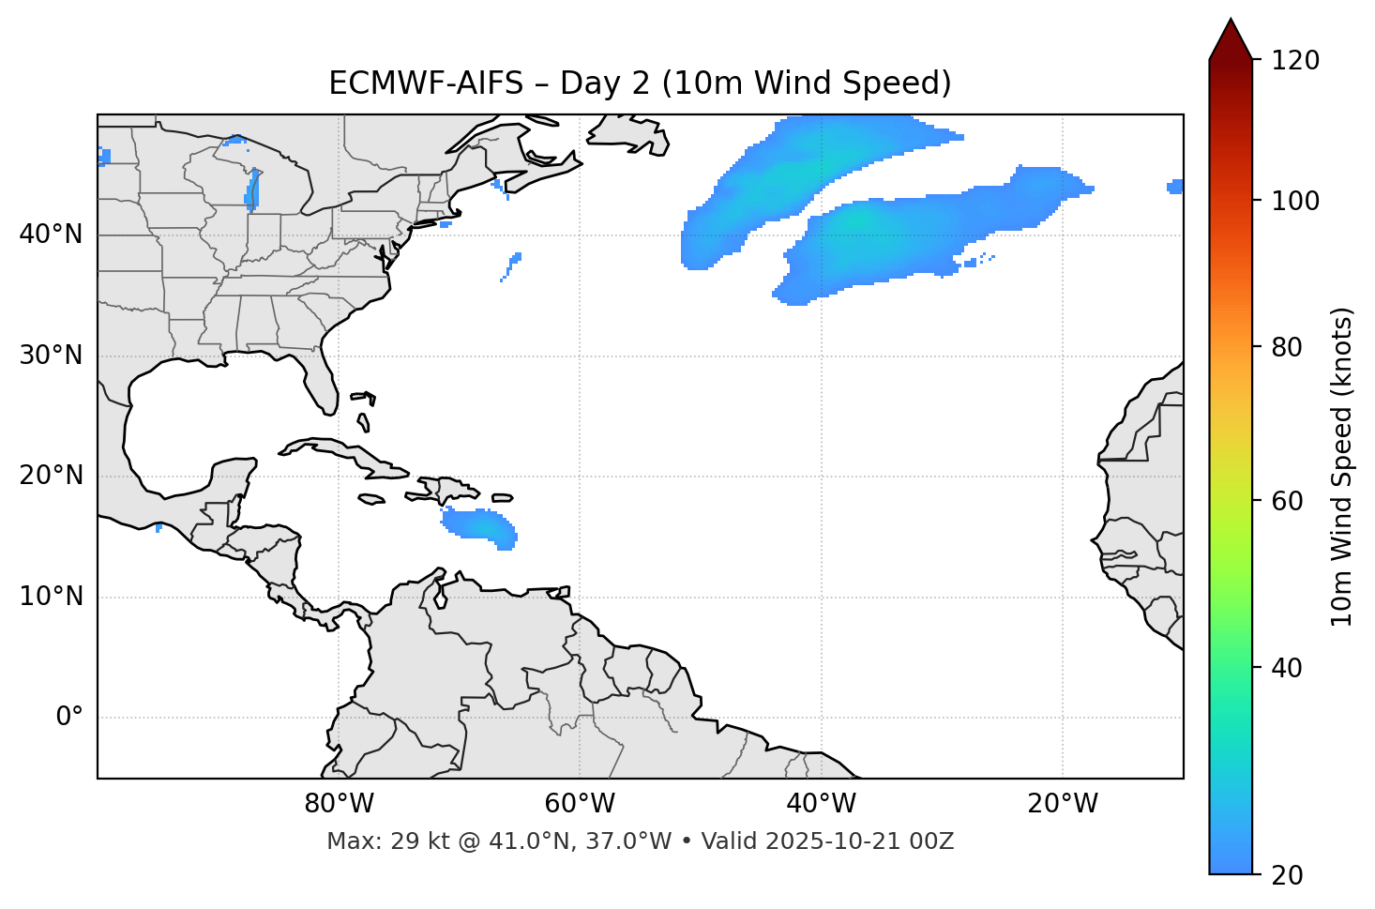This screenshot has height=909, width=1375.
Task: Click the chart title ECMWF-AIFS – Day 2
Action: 640,83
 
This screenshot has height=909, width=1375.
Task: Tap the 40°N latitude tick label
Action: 51,235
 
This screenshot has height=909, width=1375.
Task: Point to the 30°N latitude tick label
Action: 51,356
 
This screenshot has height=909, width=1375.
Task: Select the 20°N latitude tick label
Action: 51,476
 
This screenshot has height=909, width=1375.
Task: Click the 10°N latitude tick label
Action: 51,597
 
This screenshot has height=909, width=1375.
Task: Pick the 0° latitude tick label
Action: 69,718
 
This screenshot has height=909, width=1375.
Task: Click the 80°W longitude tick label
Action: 339,804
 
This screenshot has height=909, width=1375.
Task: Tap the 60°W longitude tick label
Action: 580,804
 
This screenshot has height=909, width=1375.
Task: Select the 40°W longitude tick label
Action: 821,804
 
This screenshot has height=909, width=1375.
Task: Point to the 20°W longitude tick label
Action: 1063,804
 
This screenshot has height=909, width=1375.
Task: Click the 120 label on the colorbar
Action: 1295,61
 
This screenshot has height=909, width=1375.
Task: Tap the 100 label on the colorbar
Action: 1295,201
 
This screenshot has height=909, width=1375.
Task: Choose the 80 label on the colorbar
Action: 1289,347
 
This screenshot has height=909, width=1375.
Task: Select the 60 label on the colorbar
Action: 1289,501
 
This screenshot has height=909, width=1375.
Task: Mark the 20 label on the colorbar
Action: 1289,875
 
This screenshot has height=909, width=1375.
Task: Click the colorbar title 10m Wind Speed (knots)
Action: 1342,466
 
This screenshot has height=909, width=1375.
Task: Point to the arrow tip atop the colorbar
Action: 1231,21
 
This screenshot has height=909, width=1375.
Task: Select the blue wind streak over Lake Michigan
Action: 251,189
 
